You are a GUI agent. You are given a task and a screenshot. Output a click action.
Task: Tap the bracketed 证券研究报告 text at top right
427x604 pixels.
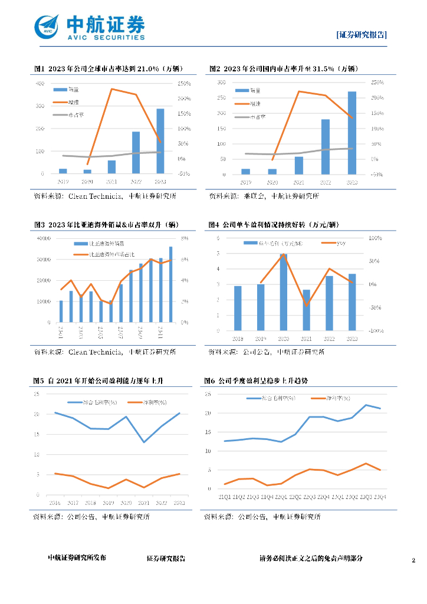point(362,35)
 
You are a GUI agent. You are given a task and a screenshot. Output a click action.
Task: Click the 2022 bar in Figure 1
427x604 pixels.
point(136,152)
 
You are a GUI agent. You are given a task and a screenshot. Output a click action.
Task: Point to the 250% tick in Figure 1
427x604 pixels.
point(183,83)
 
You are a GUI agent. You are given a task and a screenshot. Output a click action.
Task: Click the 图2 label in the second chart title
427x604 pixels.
point(214,68)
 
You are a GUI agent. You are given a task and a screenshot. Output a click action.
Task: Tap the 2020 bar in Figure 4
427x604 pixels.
point(284,292)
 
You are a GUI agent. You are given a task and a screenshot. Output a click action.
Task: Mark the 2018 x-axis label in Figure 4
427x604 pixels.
point(238,339)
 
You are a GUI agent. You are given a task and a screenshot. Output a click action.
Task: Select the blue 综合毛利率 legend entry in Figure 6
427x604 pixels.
point(271,399)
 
